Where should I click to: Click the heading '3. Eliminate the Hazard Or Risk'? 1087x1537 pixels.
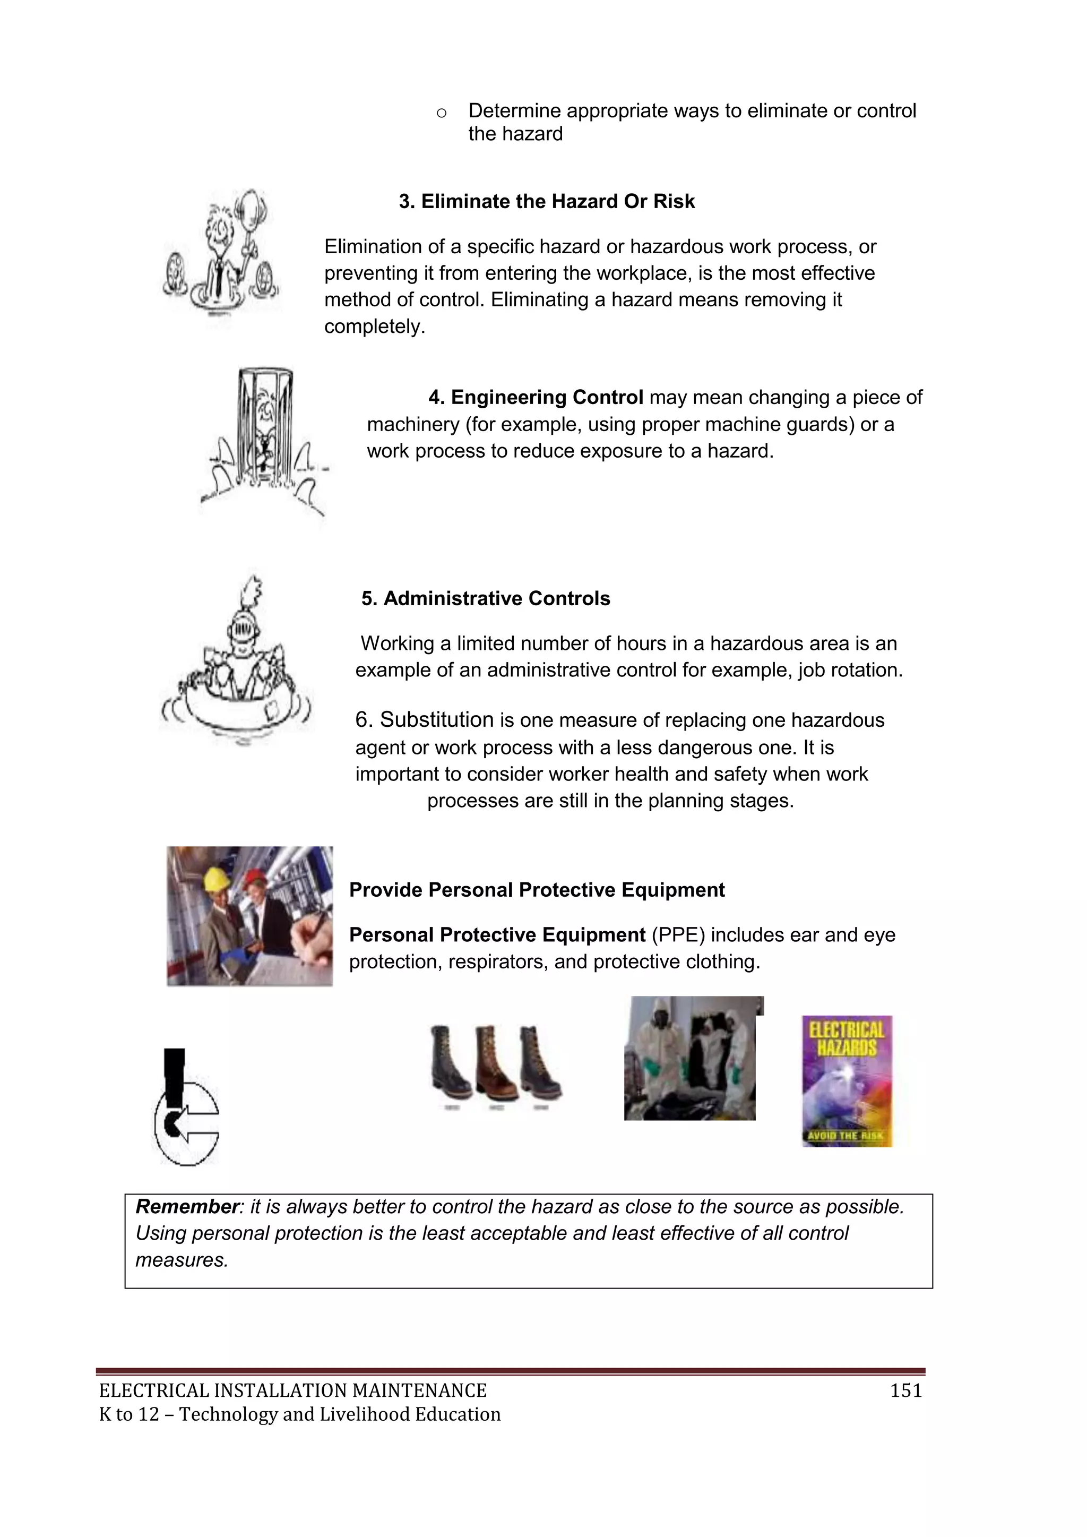tap(547, 202)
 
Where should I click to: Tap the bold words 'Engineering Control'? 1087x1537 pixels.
tap(546, 398)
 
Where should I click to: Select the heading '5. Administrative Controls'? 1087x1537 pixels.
tap(486, 598)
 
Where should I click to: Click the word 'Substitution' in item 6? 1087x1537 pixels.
tap(436, 720)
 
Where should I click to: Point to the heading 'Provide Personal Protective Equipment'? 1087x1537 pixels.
tap(537, 890)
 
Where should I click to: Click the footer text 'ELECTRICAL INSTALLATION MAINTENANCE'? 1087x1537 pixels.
tap(292, 1391)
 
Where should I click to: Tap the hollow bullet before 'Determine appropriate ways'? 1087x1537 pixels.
tap(441, 113)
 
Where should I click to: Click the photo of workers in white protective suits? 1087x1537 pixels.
tap(690, 1058)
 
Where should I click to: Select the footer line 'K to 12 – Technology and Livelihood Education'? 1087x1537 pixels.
tap(300, 1414)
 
